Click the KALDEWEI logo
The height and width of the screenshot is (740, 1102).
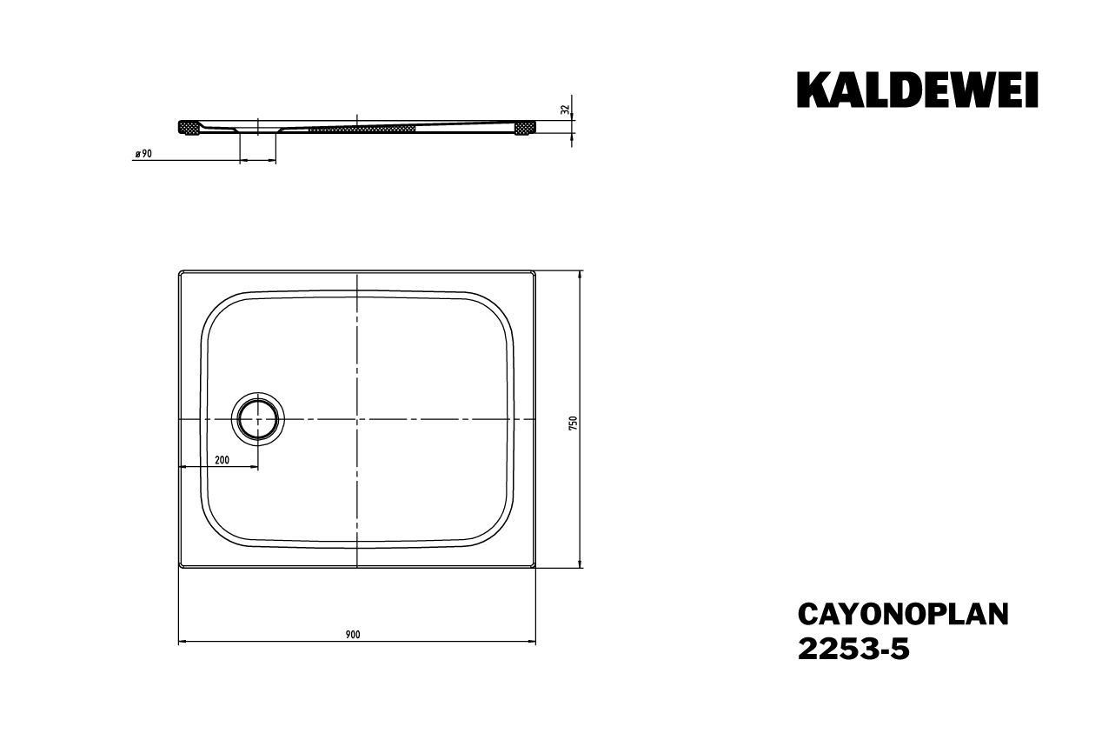[917, 90]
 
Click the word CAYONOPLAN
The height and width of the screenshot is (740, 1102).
[903, 614]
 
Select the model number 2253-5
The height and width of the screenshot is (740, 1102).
[853, 650]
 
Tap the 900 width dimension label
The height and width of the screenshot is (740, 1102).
[352, 634]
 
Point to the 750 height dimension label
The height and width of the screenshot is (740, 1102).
[572, 423]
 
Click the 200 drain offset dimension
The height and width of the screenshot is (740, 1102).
[222, 460]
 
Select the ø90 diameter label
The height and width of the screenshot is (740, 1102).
[143, 153]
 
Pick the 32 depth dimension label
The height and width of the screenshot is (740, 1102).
[566, 110]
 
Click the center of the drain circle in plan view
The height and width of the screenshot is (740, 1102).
[257, 419]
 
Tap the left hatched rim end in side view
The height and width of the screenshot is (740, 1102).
[188, 128]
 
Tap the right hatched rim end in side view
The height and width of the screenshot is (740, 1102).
[524, 128]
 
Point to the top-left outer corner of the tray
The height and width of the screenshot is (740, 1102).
[180, 270]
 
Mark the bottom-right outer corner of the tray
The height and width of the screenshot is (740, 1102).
[535, 568]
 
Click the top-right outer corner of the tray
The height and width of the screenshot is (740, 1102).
[535, 270]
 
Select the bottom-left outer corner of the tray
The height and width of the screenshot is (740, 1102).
[180, 568]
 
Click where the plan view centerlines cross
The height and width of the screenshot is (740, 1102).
[357, 419]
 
